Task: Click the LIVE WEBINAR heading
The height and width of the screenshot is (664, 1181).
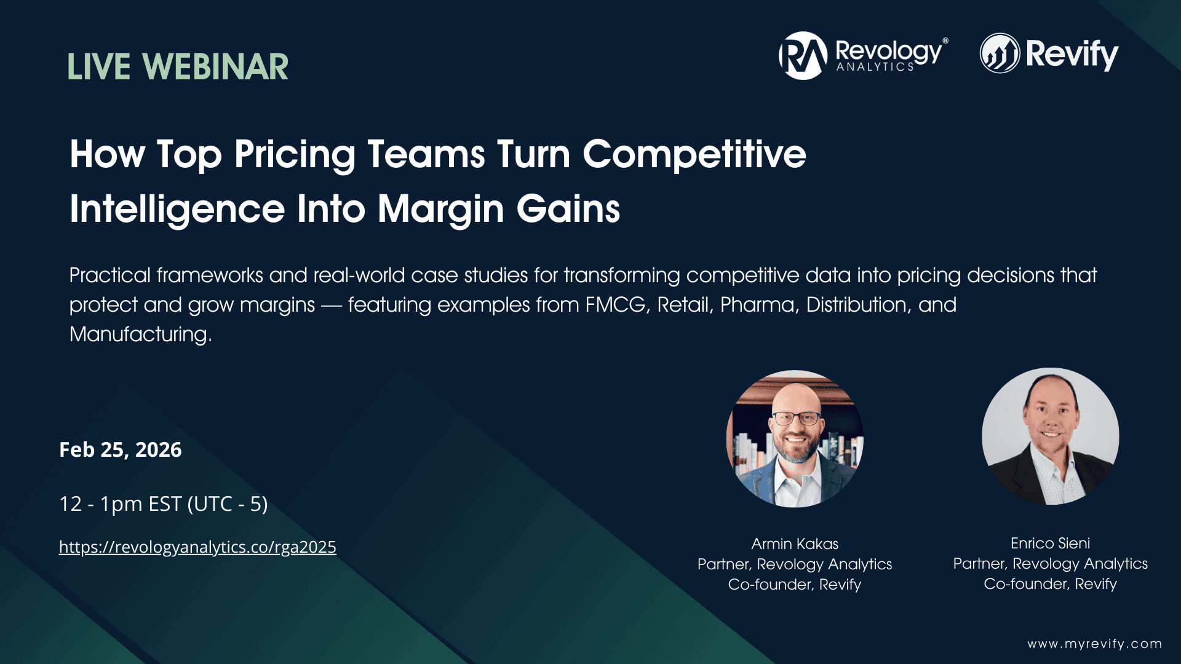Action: tap(178, 67)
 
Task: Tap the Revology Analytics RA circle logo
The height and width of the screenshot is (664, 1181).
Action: tap(803, 55)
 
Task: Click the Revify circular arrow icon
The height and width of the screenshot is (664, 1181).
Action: tap(1000, 53)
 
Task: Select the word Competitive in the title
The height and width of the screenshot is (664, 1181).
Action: tap(694, 154)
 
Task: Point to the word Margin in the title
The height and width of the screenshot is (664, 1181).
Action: tap(440, 209)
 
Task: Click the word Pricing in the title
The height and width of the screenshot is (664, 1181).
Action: tap(295, 154)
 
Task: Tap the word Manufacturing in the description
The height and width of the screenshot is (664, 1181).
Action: tap(140, 334)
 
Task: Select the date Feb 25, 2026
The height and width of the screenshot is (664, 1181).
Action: tap(121, 450)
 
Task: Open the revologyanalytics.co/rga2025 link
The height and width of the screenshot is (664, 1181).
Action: tap(197, 547)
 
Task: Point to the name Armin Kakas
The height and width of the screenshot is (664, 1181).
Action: tap(795, 544)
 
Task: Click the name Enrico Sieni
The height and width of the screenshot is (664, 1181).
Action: tap(1050, 543)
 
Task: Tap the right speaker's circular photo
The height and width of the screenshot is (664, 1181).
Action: tap(1050, 437)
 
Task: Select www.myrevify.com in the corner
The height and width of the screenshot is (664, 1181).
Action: tap(1094, 644)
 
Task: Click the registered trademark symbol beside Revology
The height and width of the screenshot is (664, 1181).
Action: tap(945, 41)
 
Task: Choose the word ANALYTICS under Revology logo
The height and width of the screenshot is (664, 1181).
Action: tap(875, 67)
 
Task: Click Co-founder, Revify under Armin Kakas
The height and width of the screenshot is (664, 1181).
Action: tap(795, 585)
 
